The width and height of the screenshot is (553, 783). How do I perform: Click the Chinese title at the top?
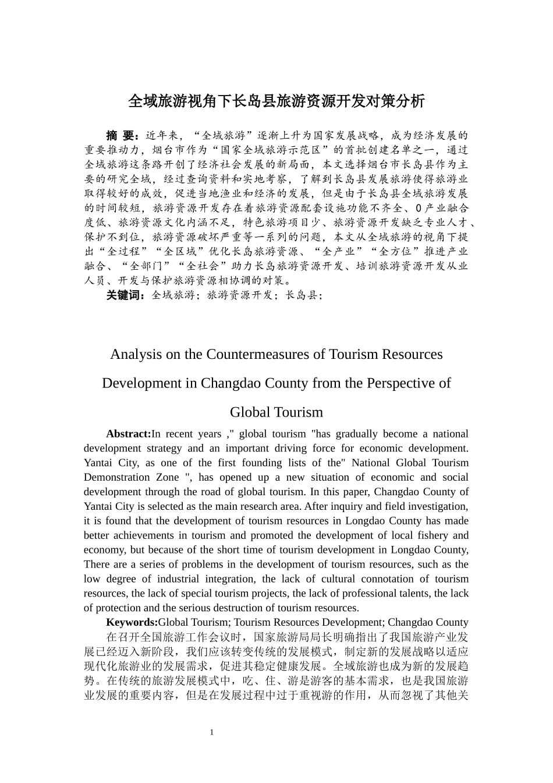[276, 101]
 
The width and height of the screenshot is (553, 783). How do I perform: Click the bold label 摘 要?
[122, 136]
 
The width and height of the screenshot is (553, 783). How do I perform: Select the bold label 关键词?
[125, 295]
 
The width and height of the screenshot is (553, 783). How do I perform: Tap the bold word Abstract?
[128, 434]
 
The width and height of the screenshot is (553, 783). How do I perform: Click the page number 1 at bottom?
[212, 732]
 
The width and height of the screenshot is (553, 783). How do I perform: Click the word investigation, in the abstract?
[438, 506]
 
